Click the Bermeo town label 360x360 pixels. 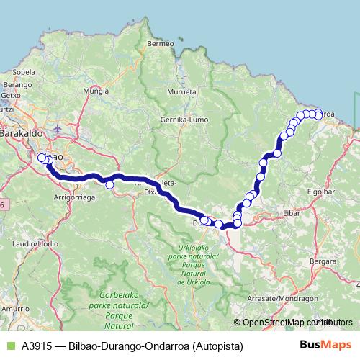point(160,44)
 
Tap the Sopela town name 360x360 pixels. point(24,72)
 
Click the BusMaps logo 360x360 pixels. point(325,346)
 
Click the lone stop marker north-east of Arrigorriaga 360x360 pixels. point(109,185)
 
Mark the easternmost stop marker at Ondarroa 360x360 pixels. point(318,115)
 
